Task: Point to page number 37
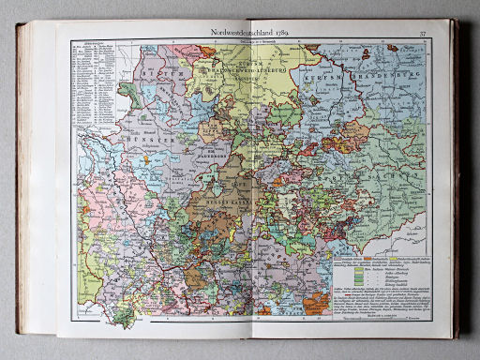tap(423, 34)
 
